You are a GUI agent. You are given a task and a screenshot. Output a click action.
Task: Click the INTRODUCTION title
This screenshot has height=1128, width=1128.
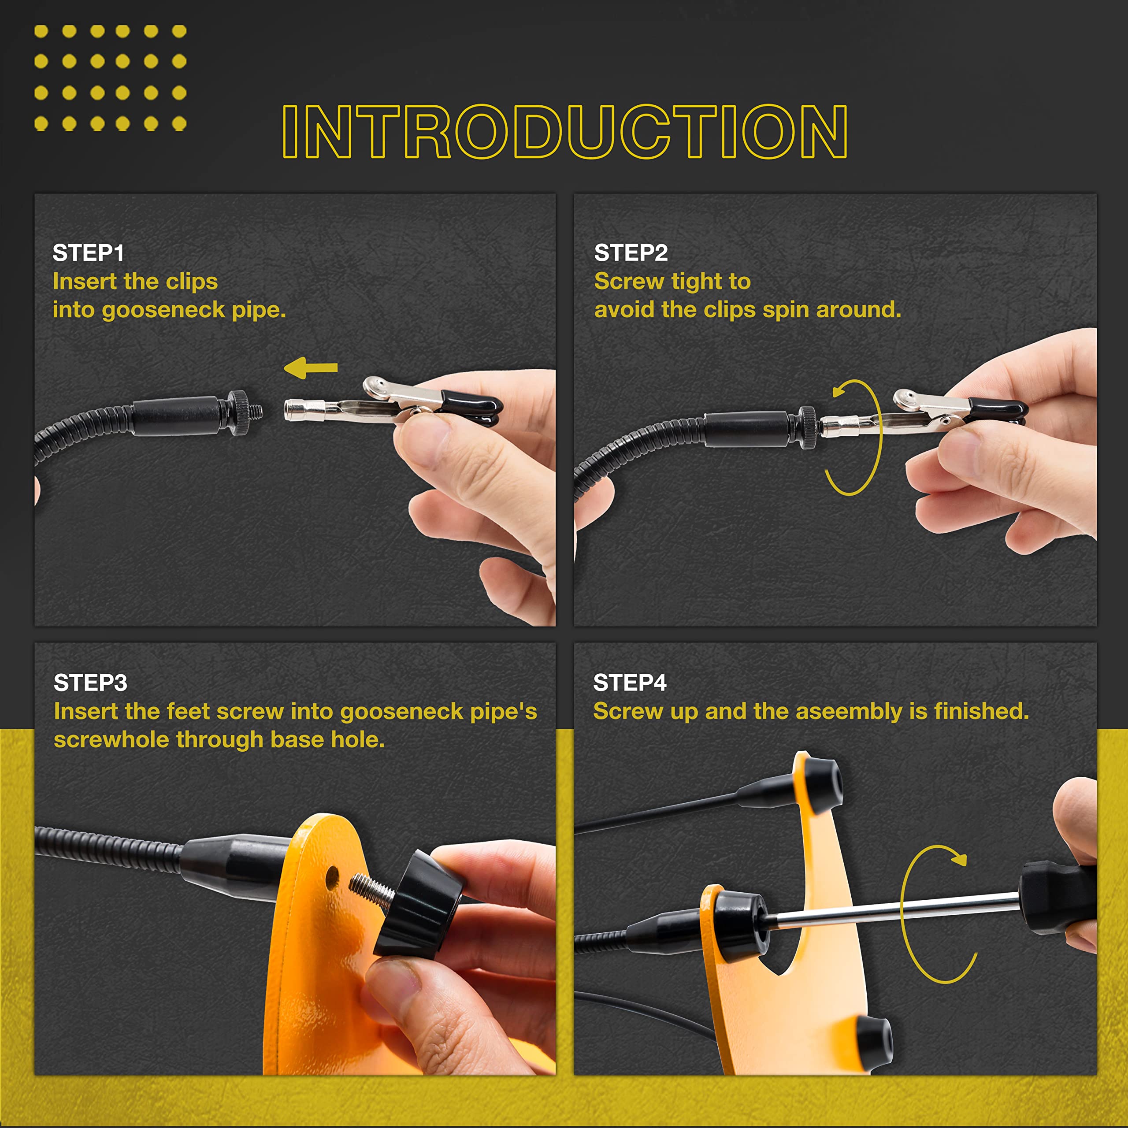tap(564, 131)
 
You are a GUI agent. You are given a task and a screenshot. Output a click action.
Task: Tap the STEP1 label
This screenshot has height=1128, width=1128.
tap(88, 253)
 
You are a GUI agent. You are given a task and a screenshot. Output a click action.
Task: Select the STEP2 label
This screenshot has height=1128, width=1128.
tap(631, 253)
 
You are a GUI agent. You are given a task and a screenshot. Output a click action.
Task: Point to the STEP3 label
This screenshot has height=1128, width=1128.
tap(90, 683)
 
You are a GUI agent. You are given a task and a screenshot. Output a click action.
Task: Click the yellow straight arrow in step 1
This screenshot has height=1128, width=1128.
tap(311, 368)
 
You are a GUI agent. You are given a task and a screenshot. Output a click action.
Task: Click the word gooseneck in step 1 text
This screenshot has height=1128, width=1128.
tap(163, 310)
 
